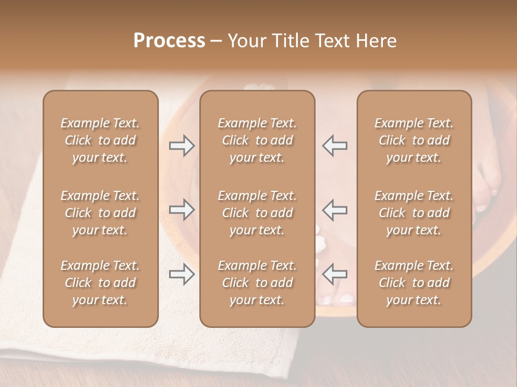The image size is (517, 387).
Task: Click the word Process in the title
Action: tap(169, 41)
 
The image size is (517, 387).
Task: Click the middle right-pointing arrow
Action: tap(182, 210)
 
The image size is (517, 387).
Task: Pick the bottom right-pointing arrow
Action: tap(182, 275)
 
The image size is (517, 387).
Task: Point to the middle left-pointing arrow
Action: tap(334, 210)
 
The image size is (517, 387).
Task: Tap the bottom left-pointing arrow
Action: tap(334, 275)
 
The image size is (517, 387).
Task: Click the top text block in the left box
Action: tap(100, 140)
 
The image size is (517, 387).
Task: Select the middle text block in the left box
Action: tap(100, 213)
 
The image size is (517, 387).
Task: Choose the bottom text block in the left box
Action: tap(100, 283)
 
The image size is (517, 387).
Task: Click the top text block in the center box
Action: tap(257, 140)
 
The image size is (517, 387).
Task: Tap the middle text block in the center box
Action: tap(257, 213)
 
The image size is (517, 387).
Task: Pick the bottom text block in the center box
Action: tap(257, 283)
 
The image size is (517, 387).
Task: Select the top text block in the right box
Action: tap(414, 140)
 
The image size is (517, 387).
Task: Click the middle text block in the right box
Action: tap(414, 213)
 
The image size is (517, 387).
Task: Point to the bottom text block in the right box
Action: tap(414, 283)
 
